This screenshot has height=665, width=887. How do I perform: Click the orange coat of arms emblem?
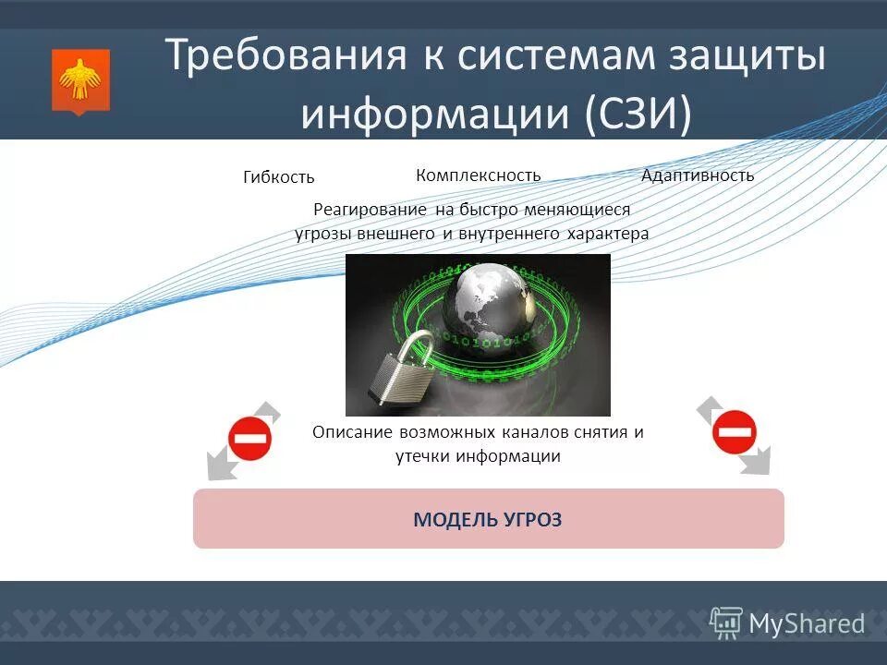pos(80,81)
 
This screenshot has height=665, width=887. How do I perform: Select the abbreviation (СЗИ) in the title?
pos(637,115)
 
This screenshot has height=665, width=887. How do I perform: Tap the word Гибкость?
pos(279,177)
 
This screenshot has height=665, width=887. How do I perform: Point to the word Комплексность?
pos(478,175)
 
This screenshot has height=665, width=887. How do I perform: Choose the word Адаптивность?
pos(698,175)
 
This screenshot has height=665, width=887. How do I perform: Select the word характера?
pos(608,234)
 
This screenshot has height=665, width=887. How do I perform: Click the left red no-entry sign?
pos(250,438)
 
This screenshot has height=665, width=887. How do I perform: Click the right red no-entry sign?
pos(734,431)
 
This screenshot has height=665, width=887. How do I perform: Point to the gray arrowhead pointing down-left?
pos(217,468)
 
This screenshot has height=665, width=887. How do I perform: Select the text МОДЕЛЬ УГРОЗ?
pos(487,519)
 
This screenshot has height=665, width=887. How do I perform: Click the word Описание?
pos(353,432)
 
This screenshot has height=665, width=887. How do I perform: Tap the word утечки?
pos(421,456)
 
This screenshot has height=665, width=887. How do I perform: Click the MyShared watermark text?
pos(806,623)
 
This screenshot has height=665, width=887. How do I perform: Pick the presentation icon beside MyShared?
pos(726,623)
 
